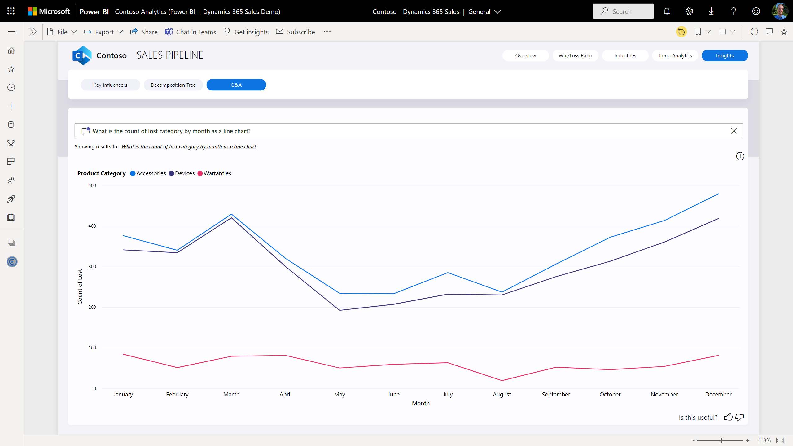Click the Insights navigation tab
(x=725, y=56)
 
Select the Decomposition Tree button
(x=173, y=85)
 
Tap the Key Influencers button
(x=110, y=85)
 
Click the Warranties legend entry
(x=214, y=173)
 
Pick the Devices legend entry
(x=182, y=173)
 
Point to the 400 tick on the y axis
(x=92, y=226)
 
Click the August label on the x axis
(x=502, y=394)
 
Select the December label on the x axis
(x=718, y=394)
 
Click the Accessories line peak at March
(x=231, y=214)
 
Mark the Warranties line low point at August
(x=502, y=380)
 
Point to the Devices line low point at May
(x=340, y=310)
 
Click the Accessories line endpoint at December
(x=718, y=194)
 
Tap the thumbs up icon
(x=728, y=417)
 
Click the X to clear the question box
(x=734, y=131)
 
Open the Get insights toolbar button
(x=246, y=32)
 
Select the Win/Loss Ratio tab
(x=575, y=56)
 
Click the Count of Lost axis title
(x=80, y=286)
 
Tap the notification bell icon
(x=667, y=11)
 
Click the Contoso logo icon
(x=82, y=55)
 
